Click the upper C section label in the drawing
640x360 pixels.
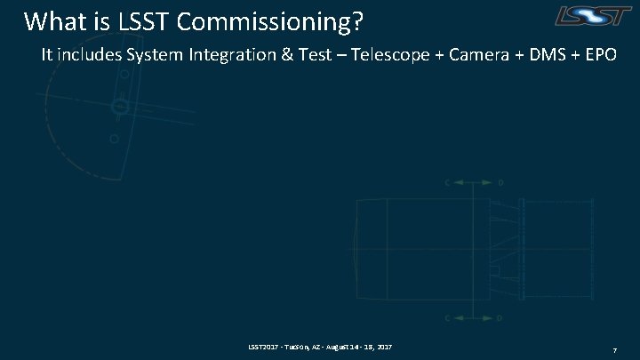click(448, 183)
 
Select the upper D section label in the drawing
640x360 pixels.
click(500, 183)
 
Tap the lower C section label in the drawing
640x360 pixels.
click(448, 317)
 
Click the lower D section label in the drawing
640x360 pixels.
click(500, 317)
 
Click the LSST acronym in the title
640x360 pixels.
click(142, 20)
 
